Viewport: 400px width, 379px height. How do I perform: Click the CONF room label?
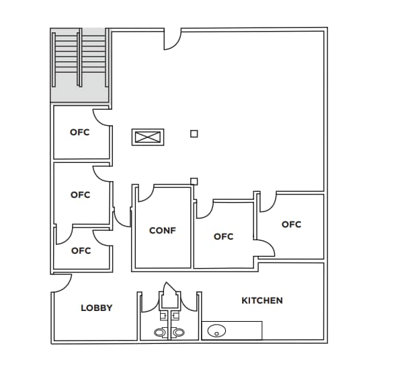[x=162, y=230]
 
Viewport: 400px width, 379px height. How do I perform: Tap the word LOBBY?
[x=97, y=308]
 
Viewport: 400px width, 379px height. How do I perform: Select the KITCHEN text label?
[x=262, y=300]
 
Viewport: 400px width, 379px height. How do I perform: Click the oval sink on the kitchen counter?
[x=216, y=330]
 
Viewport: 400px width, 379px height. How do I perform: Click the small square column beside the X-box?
[x=194, y=134]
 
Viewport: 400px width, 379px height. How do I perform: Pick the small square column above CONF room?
[x=194, y=180]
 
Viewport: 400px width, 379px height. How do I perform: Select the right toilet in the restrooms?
[x=178, y=332]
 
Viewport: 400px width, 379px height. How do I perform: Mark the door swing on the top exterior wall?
[x=172, y=38]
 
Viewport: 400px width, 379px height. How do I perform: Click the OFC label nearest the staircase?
[x=80, y=132]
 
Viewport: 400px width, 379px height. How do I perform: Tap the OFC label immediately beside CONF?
[x=223, y=236]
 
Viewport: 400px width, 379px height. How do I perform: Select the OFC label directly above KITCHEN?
[x=291, y=224]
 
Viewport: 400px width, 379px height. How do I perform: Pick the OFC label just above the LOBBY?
[x=81, y=250]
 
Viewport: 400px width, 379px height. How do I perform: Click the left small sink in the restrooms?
[x=163, y=314]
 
